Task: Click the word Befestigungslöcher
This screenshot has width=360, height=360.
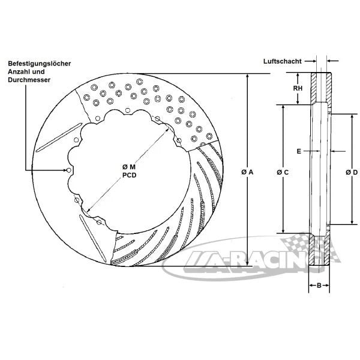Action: (x=40, y=64)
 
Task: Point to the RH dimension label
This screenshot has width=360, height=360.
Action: (x=297, y=88)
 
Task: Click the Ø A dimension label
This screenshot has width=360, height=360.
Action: (x=248, y=172)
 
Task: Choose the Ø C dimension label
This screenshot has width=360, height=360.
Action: (x=283, y=172)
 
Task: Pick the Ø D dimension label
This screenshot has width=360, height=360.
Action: (x=352, y=172)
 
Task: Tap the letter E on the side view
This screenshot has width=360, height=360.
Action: (x=298, y=151)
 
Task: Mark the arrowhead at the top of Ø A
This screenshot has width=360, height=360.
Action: (x=247, y=76)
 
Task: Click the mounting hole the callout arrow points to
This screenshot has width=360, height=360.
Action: (x=70, y=171)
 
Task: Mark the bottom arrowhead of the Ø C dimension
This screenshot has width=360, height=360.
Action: (x=283, y=231)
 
